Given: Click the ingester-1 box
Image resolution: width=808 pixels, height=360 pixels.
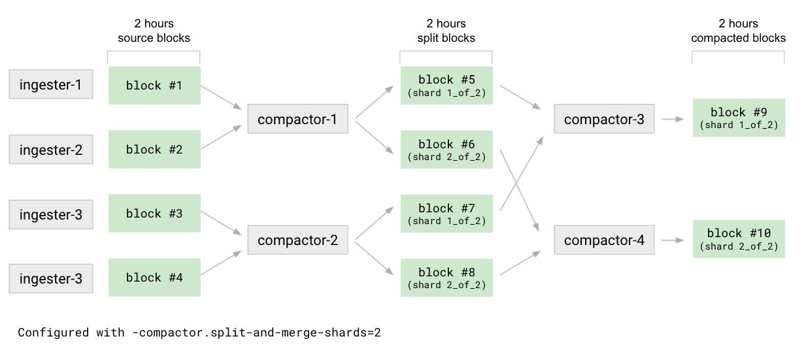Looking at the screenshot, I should tap(50, 85).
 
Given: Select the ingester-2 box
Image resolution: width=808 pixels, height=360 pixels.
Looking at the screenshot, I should tap(50, 150).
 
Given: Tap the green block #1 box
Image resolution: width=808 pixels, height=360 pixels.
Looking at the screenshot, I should tap(154, 86).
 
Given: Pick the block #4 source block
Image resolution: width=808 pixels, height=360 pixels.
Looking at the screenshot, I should tap(154, 278).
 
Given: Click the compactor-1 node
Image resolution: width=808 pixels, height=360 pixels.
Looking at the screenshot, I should tap(297, 120).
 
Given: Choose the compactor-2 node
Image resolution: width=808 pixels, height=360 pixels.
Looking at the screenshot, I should tap(297, 240).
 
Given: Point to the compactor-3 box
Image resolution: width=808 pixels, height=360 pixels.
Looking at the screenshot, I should tap(603, 119).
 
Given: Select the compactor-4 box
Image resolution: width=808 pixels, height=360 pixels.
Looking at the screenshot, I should tap(603, 240).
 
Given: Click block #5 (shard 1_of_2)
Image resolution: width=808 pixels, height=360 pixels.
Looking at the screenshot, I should tap(446, 86).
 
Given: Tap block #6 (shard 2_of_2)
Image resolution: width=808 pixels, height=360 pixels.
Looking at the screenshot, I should tap(446, 150).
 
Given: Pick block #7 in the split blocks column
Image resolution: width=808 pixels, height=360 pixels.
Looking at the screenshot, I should tap(446, 214).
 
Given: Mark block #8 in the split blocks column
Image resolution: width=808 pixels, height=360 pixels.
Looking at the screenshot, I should tap(446, 278).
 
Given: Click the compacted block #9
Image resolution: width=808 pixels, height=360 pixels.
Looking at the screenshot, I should tap(738, 118).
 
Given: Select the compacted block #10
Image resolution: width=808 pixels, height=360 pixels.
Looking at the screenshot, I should tap(738, 239).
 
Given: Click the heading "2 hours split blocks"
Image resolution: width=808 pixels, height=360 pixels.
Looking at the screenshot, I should tap(446, 31).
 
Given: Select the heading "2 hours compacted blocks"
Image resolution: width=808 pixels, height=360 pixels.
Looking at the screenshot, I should tap(738, 31).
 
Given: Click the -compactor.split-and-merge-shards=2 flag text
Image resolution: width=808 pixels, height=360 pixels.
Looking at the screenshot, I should tap(254, 333).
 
